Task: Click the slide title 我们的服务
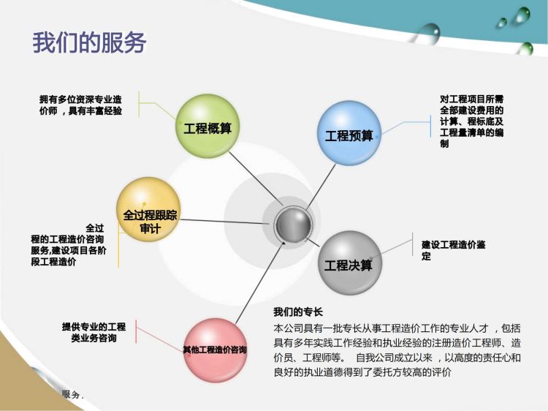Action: [89, 42]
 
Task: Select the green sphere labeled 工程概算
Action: [208, 126]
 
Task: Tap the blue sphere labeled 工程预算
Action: [349, 133]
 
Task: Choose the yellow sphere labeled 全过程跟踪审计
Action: [149, 210]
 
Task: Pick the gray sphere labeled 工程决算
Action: [350, 263]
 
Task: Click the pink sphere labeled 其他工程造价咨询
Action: [216, 350]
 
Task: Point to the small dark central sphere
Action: [293, 225]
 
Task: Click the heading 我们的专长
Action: [298, 312]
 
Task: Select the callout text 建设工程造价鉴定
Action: [453, 250]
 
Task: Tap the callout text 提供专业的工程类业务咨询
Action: [94, 332]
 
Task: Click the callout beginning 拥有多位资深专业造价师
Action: [80, 105]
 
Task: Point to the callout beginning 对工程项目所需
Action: [471, 121]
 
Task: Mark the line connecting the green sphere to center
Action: [256, 178]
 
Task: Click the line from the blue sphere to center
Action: [321, 187]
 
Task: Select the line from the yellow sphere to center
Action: [225, 222]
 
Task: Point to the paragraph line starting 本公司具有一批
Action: [397, 328]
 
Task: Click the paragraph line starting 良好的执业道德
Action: [362, 372]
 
